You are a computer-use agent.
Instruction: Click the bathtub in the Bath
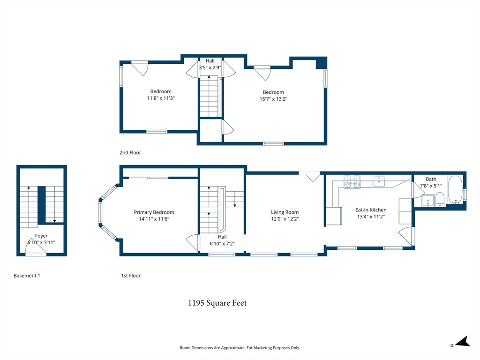(x=455, y=189)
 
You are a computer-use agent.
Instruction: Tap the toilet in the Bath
(x=440, y=201)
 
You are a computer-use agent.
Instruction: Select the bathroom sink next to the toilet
(x=427, y=201)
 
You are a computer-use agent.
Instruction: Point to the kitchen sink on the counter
(x=379, y=181)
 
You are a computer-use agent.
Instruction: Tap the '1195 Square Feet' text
(x=217, y=303)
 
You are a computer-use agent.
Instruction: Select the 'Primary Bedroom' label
(x=154, y=212)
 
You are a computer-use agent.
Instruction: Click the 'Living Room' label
(x=285, y=212)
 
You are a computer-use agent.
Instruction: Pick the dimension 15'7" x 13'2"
(x=273, y=99)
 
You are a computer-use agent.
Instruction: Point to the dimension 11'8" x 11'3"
(x=161, y=98)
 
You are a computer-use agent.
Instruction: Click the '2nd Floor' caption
(x=130, y=153)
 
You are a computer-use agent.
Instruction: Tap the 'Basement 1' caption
(x=27, y=276)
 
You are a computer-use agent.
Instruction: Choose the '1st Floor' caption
(x=131, y=276)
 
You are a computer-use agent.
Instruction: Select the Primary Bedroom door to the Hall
(x=192, y=242)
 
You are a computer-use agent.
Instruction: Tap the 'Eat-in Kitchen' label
(x=371, y=210)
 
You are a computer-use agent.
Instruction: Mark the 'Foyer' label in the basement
(x=41, y=236)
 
